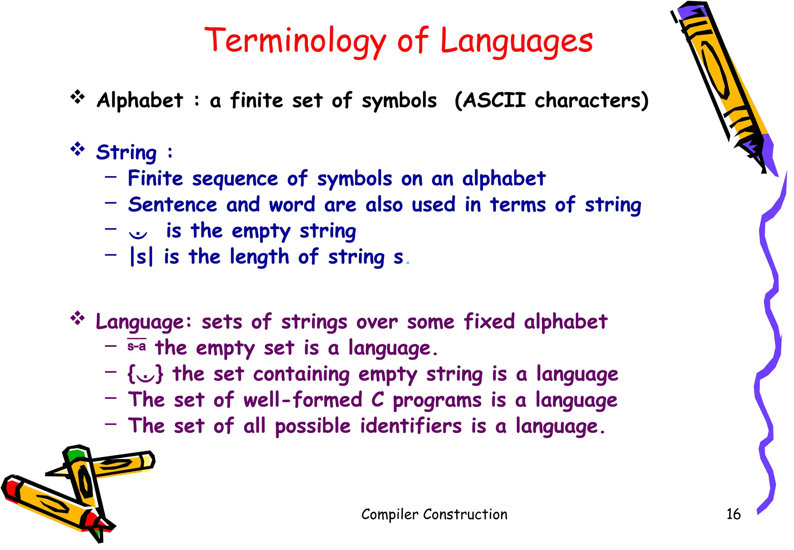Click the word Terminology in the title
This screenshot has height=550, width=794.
click(x=295, y=41)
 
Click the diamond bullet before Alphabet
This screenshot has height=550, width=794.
click(x=78, y=97)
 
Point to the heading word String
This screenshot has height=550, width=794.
click(x=126, y=152)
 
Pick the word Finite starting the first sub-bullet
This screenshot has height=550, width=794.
click(x=155, y=178)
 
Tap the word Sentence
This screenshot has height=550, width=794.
click(x=173, y=204)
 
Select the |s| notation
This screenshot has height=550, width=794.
click(x=142, y=257)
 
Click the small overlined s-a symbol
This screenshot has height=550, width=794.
click(x=136, y=346)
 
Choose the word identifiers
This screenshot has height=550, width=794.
click(x=411, y=426)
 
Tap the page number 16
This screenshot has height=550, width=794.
click(x=733, y=514)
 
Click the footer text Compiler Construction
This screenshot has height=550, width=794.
click(x=434, y=514)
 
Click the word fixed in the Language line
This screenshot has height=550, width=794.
click(x=489, y=322)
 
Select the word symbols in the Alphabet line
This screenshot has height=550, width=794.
click(x=399, y=101)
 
